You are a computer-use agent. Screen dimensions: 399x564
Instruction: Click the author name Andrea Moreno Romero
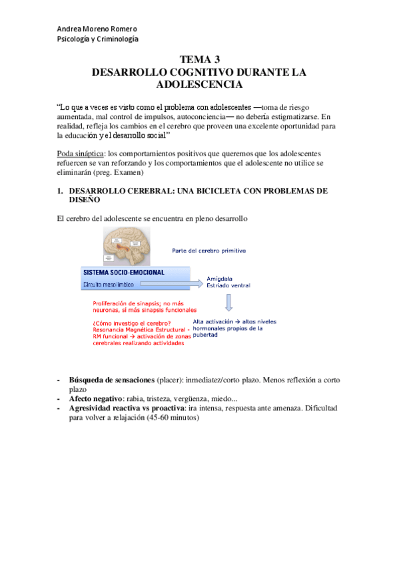coord(97,29)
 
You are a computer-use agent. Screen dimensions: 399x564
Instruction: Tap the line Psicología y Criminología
coord(97,39)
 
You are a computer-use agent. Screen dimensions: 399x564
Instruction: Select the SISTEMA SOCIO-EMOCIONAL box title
coord(124,273)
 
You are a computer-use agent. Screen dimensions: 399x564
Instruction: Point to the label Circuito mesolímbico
coord(108,284)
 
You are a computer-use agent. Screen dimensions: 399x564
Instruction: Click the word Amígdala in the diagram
coord(222,280)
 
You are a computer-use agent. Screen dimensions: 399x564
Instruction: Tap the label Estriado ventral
coord(230,287)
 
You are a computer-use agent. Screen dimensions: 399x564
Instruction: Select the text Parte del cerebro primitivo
coord(209,251)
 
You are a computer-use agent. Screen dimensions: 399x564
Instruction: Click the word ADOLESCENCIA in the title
coord(199,84)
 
